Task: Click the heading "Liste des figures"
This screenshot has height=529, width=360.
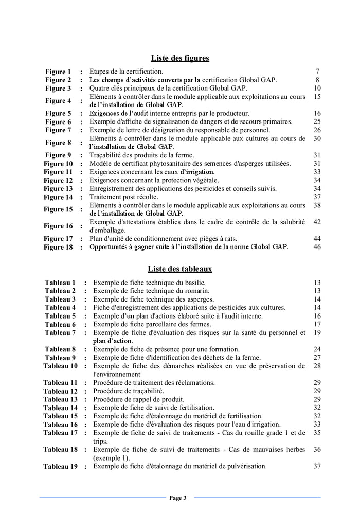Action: point(180,58)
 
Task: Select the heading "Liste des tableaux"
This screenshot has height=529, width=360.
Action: point(180,269)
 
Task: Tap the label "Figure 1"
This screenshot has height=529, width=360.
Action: point(58,72)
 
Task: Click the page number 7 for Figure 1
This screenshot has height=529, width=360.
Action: point(318,72)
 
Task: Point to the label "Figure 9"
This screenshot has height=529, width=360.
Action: point(58,155)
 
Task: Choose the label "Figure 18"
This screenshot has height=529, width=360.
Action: point(58,247)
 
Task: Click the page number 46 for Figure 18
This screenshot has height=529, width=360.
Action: point(317,247)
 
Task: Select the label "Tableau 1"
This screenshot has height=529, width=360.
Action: point(60,283)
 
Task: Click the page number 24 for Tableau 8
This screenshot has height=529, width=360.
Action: point(317,349)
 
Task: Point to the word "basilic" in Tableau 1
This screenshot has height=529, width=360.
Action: point(194,283)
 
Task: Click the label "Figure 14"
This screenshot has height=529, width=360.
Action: point(58,197)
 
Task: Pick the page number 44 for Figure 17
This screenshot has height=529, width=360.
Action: point(317,239)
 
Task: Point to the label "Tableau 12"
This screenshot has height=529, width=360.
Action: point(60,391)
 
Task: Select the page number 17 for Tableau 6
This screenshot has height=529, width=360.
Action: point(317,324)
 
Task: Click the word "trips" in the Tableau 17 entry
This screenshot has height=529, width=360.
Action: point(100,441)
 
